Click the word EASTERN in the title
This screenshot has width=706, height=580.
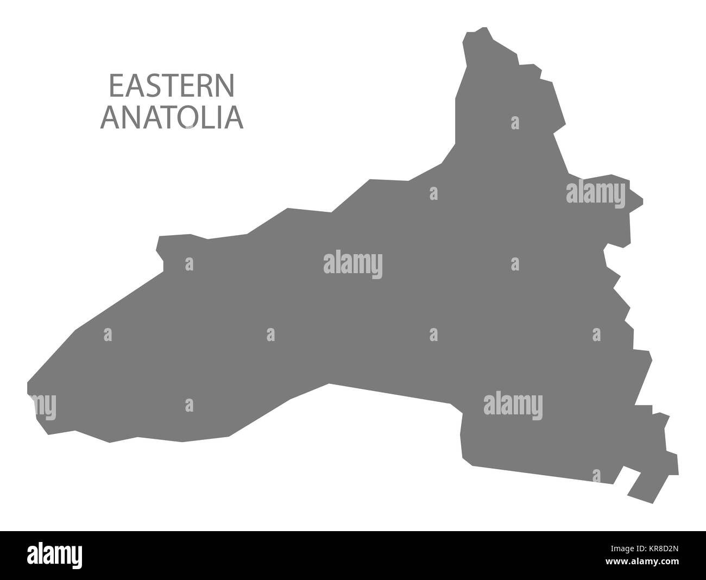coord(172,85)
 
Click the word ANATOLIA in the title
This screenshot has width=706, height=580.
coord(172,118)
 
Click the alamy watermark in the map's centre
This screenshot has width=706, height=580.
coord(353,264)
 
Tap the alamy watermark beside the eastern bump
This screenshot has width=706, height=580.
coord(596,192)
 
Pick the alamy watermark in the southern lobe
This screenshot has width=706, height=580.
coord(513,404)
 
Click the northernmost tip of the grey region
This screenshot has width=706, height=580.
coord(481,28)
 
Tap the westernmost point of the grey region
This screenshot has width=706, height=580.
coord(28,387)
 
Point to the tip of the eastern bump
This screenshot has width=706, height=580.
coord(642,199)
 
